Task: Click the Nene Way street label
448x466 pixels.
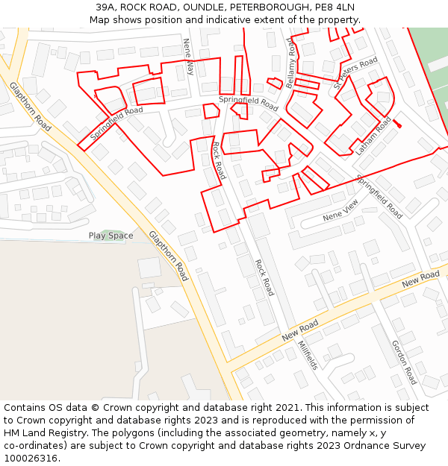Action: (189, 57)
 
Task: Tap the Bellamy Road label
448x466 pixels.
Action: (291, 63)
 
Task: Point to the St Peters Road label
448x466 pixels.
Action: (356, 75)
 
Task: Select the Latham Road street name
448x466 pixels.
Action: (373, 135)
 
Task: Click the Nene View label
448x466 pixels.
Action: (340, 210)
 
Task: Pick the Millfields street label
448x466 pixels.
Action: (308, 356)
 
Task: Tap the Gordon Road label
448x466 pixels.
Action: (404, 362)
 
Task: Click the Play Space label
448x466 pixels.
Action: (111, 236)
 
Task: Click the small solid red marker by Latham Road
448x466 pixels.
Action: (397, 124)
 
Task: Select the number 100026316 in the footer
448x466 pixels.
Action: (32, 459)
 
